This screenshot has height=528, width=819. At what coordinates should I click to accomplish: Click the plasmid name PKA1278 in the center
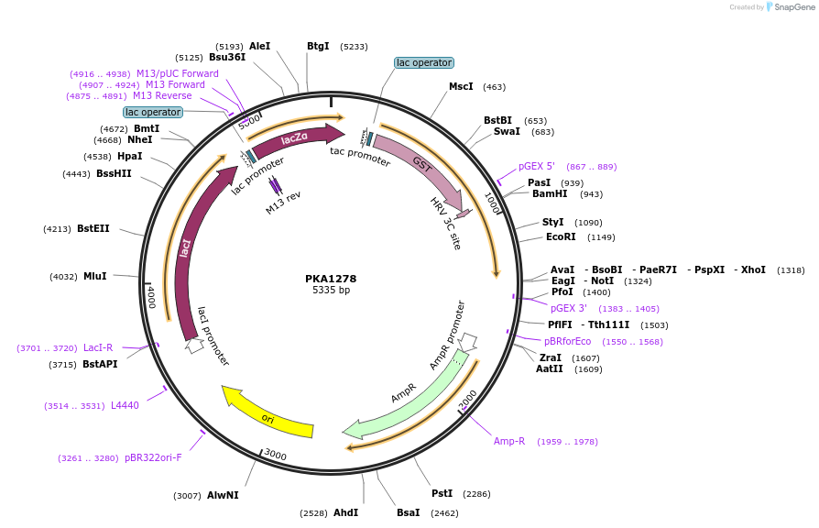click(331, 278)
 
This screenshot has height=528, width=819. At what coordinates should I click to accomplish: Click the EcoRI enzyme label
click(562, 236)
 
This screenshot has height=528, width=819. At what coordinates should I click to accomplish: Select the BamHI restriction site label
click(550, 193)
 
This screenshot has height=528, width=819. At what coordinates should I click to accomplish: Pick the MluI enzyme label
click(95, 276)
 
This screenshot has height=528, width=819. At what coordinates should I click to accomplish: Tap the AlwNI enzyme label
click(223, 495)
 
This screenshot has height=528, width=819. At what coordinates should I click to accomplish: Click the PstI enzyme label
click(442, 493)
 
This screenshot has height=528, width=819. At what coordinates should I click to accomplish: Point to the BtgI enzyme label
click(318, 46)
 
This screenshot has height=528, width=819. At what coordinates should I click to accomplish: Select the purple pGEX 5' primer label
click(537, 167)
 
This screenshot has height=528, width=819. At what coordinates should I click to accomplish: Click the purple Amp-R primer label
click(509, 441)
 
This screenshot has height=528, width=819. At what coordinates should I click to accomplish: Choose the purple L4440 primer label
click(125, 405)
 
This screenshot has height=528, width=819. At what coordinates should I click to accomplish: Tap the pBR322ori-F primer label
click(153, 457)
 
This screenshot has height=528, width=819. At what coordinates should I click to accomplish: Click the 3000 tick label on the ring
click(276, 455)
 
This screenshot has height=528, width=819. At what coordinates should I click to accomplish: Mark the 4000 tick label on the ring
click(151, 296)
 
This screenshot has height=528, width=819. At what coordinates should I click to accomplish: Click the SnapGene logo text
click(794, 7)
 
